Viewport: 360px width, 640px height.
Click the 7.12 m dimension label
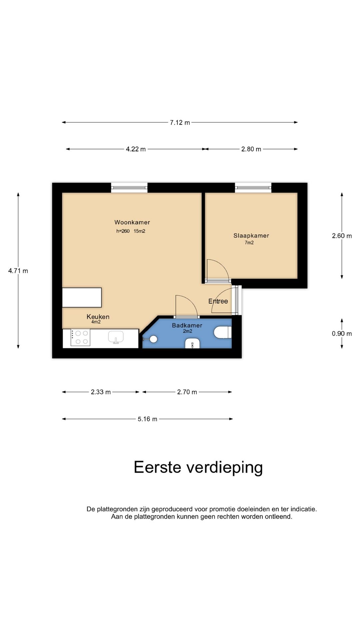[180, 122]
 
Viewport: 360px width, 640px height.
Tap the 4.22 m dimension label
[136, 149]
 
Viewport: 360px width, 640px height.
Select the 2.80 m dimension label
[251, 149]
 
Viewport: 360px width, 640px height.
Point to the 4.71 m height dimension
[18, 271]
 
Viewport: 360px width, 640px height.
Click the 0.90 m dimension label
[342, 333]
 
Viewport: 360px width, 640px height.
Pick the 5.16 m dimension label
[147, 419]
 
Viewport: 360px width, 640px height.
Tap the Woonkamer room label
[132, 222]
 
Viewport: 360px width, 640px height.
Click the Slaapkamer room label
[251, 236]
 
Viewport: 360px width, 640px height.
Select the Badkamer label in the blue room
[187, 325]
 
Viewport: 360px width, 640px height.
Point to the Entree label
[218, 301]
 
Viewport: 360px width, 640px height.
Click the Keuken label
[98, 317]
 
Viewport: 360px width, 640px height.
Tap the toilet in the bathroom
[223, 332]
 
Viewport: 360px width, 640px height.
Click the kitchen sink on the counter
[116, 337]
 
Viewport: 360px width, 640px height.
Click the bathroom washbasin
[192, 343]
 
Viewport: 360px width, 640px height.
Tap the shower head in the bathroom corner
[152, 339]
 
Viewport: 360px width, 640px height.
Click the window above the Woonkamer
[129, 188]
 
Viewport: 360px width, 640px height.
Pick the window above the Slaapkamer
[253, 188]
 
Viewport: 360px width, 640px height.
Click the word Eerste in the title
[157, 467]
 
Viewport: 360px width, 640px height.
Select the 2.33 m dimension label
[101, 392]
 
